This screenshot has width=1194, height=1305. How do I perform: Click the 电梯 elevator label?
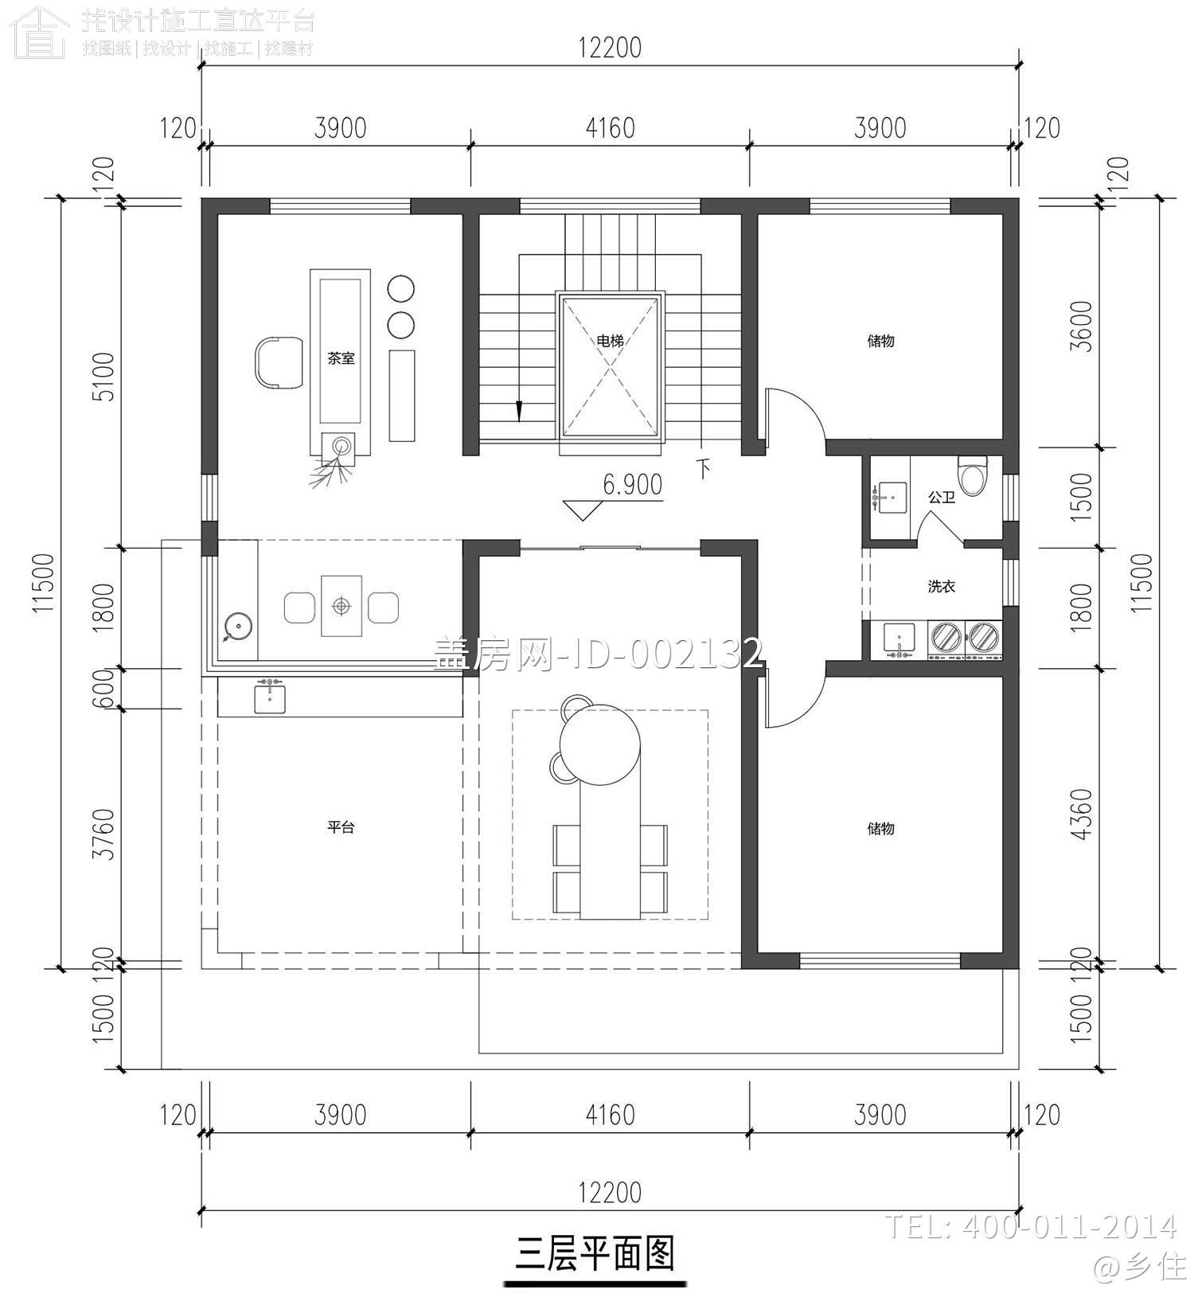610,341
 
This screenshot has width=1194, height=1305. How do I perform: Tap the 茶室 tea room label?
341,358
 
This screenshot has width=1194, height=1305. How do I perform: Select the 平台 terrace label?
341,827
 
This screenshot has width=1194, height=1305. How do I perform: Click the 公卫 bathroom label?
941,497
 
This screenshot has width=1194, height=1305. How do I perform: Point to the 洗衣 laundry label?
941,586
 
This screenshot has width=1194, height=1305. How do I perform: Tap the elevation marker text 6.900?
632,484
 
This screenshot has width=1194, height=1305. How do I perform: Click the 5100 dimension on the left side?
104,377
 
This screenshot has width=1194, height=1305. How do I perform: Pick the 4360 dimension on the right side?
1082,814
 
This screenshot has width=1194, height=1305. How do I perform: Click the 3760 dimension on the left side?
104,834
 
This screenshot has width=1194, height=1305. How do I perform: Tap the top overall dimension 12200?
610,48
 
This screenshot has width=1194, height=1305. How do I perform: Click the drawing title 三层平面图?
595,1253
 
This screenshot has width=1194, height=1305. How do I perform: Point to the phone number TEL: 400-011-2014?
1030,1226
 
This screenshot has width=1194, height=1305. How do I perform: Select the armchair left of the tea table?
279,363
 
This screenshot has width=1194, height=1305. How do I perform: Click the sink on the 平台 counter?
270,698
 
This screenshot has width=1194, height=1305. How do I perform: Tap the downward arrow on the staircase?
519,410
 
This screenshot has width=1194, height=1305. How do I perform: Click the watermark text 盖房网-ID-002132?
597,654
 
